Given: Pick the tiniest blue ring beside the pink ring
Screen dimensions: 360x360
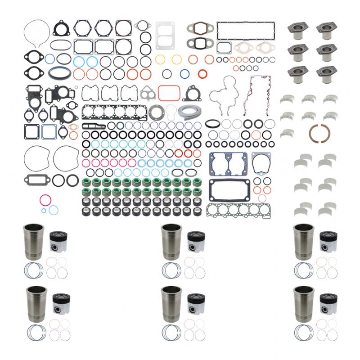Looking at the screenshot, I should click(x=44, y=210).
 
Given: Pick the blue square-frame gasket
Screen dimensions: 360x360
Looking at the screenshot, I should click(x=48, y=131).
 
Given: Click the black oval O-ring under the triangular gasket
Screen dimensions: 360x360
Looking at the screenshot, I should click(x=63, y=45).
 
